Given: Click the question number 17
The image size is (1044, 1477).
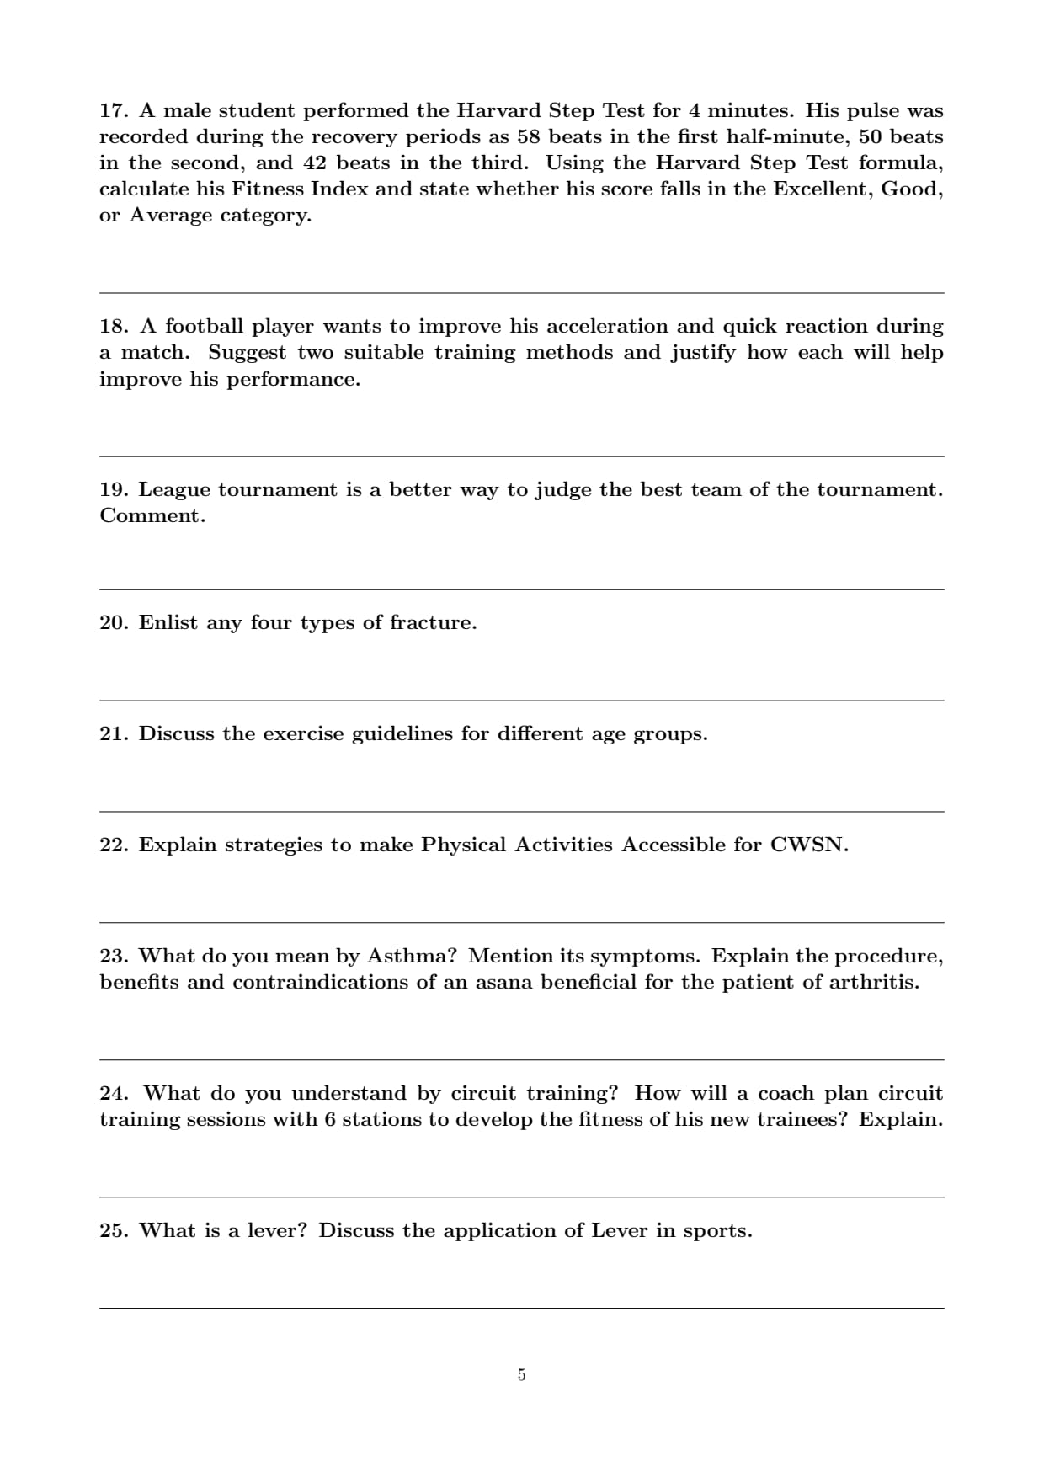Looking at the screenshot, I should point(113,111).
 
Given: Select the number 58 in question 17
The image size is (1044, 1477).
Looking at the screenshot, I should point(528,137).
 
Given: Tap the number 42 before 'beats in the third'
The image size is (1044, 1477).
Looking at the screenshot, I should point(314,163).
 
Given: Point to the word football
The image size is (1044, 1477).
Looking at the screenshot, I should point(204,327).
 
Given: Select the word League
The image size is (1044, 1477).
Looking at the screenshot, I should point(173,490).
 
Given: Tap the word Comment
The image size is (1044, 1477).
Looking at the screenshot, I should point(152,516).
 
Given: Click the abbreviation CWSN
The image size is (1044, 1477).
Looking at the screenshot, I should point(808,845).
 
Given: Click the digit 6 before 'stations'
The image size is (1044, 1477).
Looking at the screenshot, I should point(330,1120).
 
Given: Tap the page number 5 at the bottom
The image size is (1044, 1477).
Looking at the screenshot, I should point(521,1375).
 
